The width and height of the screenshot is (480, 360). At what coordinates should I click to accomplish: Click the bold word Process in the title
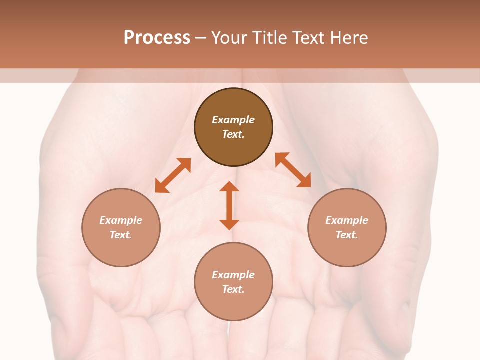(x=157, y=38)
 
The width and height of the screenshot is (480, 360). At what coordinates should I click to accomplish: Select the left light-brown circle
(x=121, y=250)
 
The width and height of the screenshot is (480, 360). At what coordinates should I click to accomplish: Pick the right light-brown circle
(x=347, y=250)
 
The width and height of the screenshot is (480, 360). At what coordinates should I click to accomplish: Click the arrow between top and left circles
(x=173, y=175)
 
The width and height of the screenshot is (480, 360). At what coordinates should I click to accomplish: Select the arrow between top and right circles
(x=293, y=170)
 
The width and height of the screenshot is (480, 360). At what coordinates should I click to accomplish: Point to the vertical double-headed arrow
(x=229, y=205)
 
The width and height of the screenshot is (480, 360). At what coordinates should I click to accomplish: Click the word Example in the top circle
(x=233, y=120)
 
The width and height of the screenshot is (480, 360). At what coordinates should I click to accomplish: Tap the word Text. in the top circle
(x=233, y=134)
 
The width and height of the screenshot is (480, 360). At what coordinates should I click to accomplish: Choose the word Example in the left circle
(x=121, y=220)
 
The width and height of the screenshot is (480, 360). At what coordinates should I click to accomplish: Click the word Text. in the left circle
(x=121, y=235)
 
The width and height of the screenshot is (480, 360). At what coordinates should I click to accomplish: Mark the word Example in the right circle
(x=347, y=220)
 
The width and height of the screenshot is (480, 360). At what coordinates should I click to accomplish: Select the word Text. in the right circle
(x=347, y=235)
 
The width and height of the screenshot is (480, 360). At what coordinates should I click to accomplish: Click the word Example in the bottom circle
(x=233, y=275)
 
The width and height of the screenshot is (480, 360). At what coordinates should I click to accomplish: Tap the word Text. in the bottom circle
(x=233, y=289)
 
